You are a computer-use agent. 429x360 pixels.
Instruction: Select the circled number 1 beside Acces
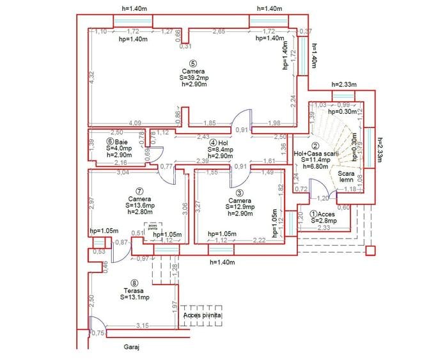pos(313,214)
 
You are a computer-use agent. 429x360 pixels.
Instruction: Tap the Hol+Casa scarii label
pos(314,153)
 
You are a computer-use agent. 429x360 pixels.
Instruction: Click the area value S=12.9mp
pos(236,207)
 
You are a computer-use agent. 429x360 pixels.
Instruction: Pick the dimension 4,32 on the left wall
pos(92,78)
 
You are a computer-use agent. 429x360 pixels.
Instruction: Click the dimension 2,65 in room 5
pos(219,31)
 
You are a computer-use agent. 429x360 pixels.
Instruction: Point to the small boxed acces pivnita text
pos(152,227)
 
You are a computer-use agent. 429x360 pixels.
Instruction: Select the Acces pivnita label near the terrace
pos(203,316)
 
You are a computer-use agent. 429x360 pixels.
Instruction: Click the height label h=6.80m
pos(315,168)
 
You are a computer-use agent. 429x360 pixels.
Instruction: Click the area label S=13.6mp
pos(139,205)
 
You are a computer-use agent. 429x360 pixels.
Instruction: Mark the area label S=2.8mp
pos(324,221)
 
